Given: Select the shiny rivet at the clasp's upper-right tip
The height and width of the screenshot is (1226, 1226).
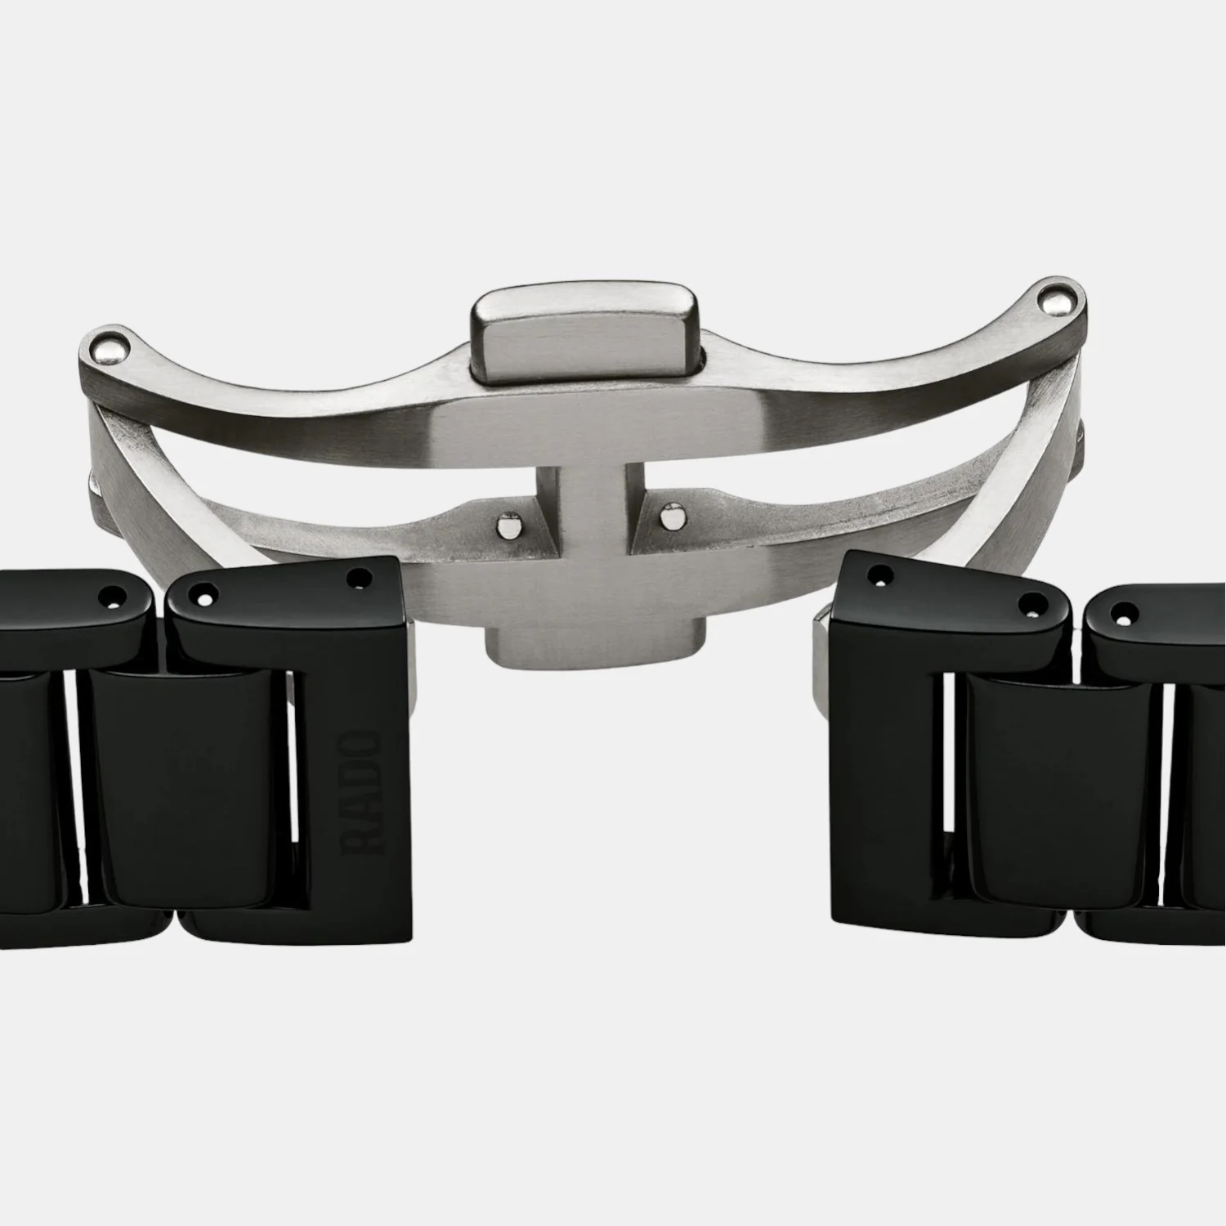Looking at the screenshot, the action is [x=1059, y=303].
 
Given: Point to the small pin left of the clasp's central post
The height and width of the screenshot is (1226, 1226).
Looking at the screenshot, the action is [x=509, y=522].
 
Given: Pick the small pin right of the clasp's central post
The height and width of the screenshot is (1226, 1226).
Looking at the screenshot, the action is [x=672, y=517].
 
